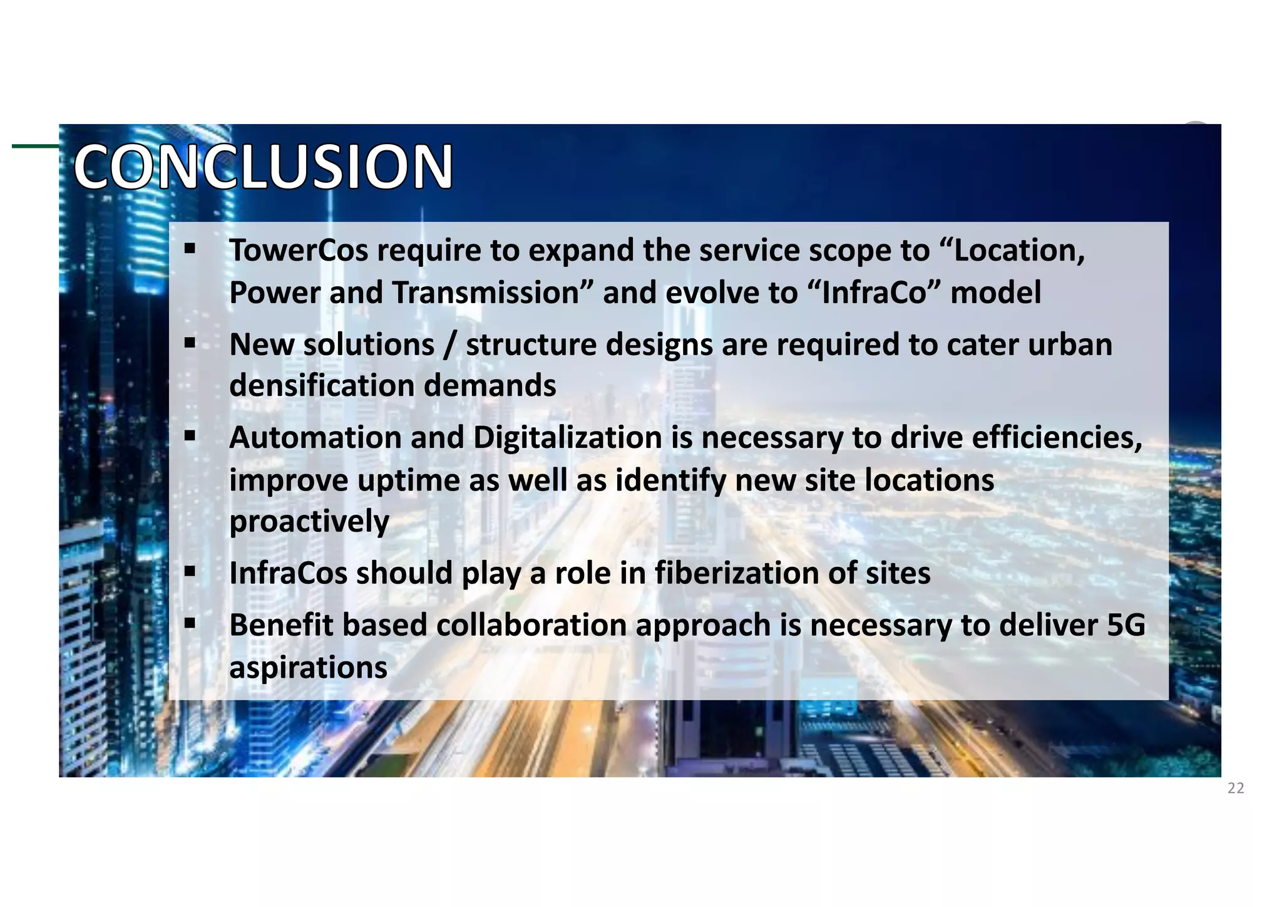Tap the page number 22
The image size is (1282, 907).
pos(1236,788)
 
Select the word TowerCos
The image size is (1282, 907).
pos(299,251)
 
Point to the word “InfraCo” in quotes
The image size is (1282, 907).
pos(874,293)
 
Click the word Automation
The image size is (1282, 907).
pos(315,437)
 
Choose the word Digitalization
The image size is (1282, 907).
pos(567,437)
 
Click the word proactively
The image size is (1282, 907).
pos(309,522)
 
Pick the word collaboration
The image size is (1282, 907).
pos(532,625)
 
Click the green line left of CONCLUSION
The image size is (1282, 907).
pos(35,147)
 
